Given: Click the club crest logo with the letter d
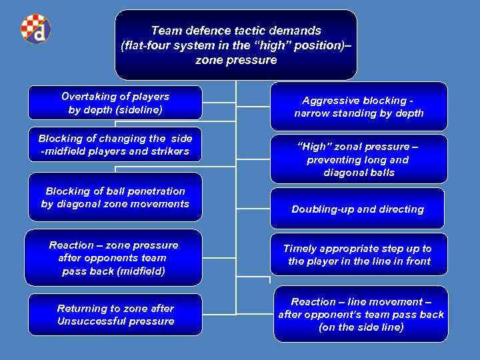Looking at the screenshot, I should (34, 29).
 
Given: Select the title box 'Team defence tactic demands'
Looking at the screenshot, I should (236, 45).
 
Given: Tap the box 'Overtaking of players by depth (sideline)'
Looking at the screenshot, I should (115, 103).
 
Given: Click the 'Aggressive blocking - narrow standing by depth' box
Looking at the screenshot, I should (359, 107).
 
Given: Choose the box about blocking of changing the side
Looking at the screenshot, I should (115, 145).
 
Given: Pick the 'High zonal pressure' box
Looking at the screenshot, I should (359, 159).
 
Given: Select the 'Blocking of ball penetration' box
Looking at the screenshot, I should (115, 197).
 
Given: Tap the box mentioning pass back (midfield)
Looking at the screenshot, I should (113, 258).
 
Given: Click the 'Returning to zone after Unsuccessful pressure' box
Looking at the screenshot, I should (115, 315).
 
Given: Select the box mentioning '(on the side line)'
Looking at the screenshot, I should (361, 314).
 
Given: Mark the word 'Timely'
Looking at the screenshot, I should (300, 248).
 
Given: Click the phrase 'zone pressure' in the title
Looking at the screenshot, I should (236, 60).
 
